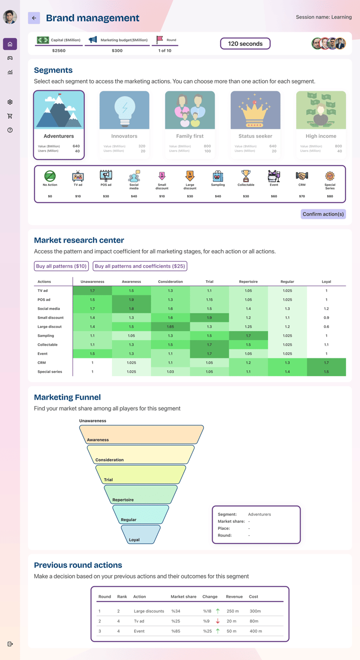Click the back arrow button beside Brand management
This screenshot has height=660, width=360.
pyautogui.click(x=34, y=18)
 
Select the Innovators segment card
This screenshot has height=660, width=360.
pyautogui.click(x=124, y=124)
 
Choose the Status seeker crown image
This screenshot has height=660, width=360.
pyautogui.click(x=255, y=110)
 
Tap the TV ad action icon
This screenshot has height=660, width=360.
pyautogui.click(x=78, y=177)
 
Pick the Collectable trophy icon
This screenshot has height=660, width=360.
pyautogui.click(x=246, y=176)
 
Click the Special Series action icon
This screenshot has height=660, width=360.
pyautogui.click(x=330, y=176)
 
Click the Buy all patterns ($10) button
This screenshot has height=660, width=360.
pyautogui.click(x=61, y=266)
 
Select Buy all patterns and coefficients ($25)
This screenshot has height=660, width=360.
pyautogui.click(x=140, y=266)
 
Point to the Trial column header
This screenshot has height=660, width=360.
pyautogui.click(x=210, y=282)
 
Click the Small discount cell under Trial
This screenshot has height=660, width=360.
pyautogui.click(x=210, y=318)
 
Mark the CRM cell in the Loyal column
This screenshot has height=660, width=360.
pyautogui.click(x=326, y=363)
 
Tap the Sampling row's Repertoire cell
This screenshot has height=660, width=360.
pyautogui.click(x=248, y=336)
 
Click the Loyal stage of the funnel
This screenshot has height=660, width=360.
pyautogui.click(x=141, y=534)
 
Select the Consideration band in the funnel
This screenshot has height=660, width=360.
pyautogui.click(x=141, y=454)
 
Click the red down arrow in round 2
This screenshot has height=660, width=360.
pyautogui.click(x=217, y=621)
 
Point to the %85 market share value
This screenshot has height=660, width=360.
pyautogui.click(x=176, y=631)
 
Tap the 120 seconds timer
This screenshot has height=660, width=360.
pyautogui.click(x=245, y=44)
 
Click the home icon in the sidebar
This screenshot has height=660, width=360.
pyautogui.click(x=10, y=44)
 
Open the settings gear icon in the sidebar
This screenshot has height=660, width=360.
pyautogui.click(x=10, y=102)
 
